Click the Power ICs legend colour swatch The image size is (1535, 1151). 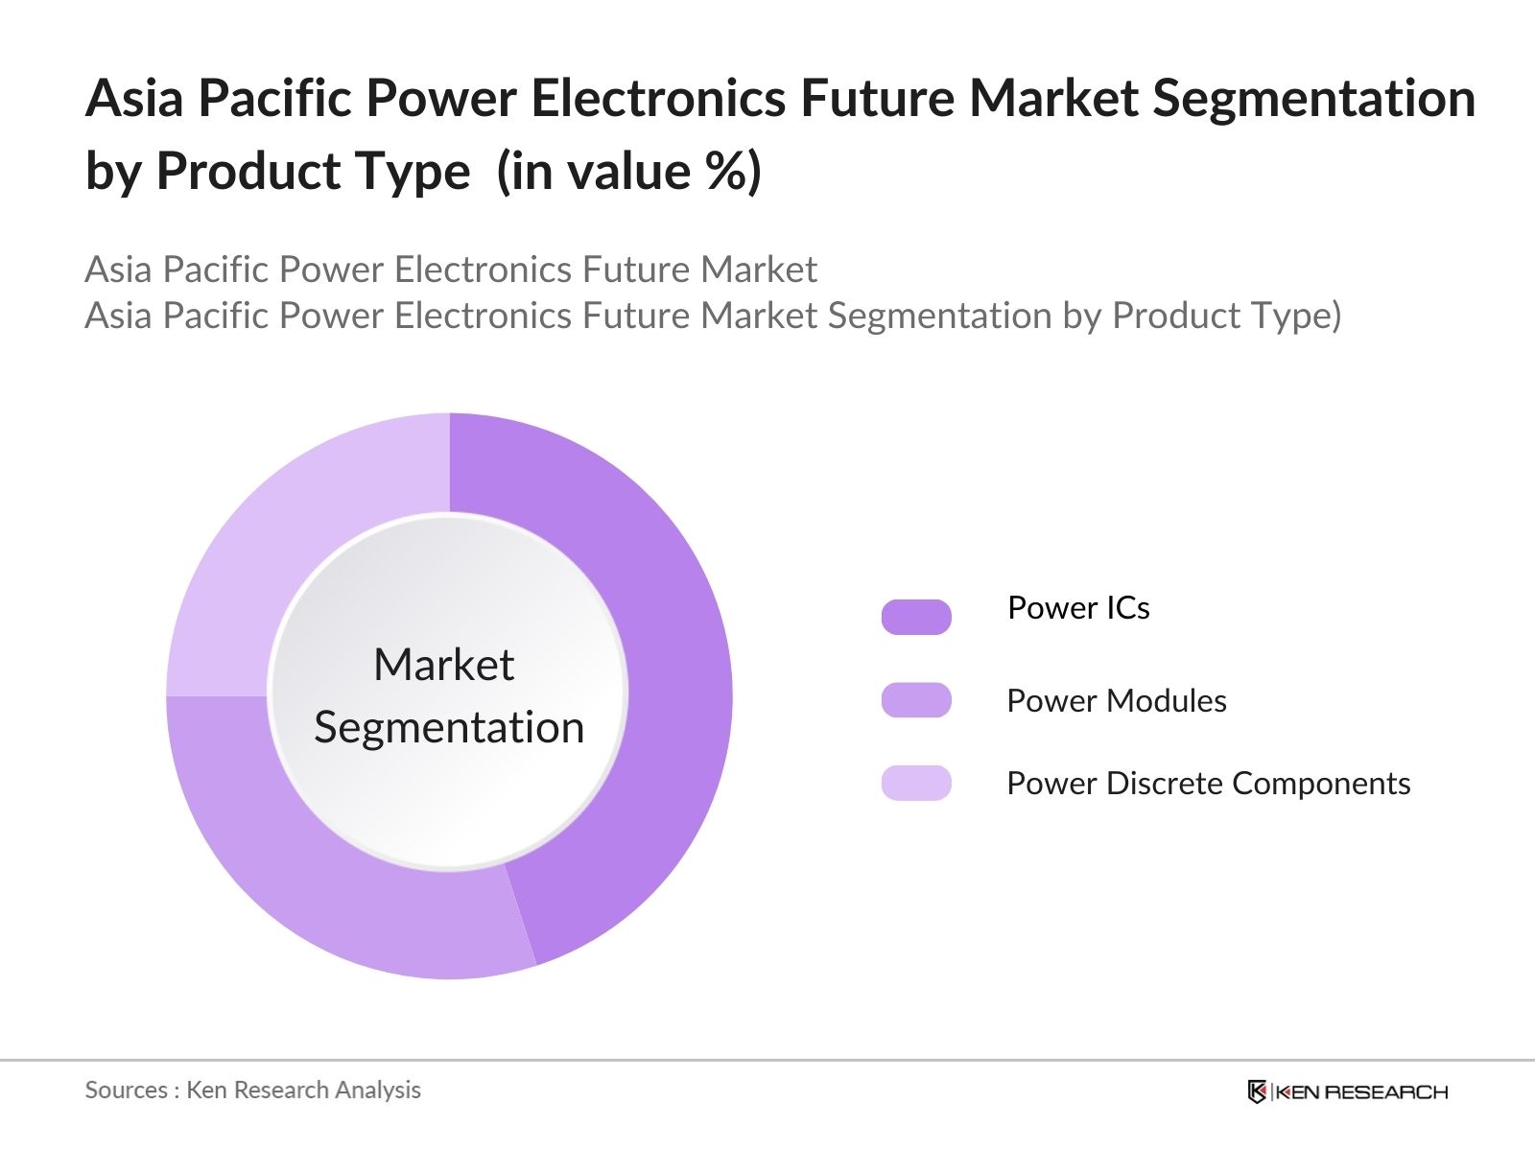tap(916, 617)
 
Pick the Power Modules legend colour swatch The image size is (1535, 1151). tap(916, 700)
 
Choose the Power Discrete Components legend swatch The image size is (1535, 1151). tap(916, 783)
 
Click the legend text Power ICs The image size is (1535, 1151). tap(1078, 608)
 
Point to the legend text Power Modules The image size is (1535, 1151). tap(1117, 701)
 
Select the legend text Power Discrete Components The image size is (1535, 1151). tap(1209, 784)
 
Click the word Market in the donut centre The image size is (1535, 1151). tap(444, 664)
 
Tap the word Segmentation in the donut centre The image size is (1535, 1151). tap(449, 728)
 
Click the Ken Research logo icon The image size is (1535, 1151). tap(1257, 1092)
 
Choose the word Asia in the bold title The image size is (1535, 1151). tap(134, 98)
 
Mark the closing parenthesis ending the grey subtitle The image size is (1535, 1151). tap(1335, 316)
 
